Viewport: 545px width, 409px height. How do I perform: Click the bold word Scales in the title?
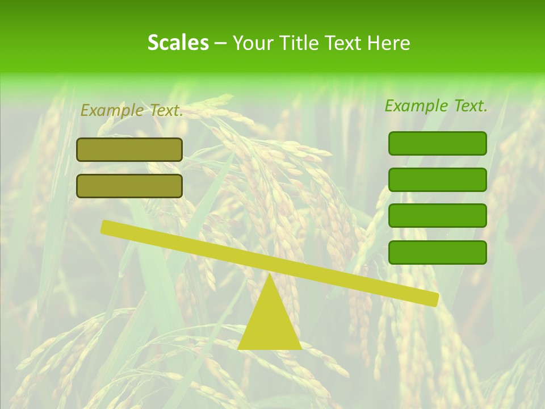pos(178,43)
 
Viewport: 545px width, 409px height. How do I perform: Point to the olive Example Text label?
pos(132,110)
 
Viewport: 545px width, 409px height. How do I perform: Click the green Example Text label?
pos(436,106)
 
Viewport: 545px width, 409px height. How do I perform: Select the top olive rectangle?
pos(129,149)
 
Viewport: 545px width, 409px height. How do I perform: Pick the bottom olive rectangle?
pos(129,186)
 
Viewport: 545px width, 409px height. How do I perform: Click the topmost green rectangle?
pos(438,143)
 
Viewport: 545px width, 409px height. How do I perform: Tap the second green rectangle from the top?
pos(438,180)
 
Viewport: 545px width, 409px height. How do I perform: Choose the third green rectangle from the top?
pos(438,216)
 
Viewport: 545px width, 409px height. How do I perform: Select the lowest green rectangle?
pos(438,252)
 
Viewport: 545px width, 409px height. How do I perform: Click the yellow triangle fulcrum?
pos(269,321)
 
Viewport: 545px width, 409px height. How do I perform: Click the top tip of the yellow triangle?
pos(269,276)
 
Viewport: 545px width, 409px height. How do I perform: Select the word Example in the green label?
pos(417,106)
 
